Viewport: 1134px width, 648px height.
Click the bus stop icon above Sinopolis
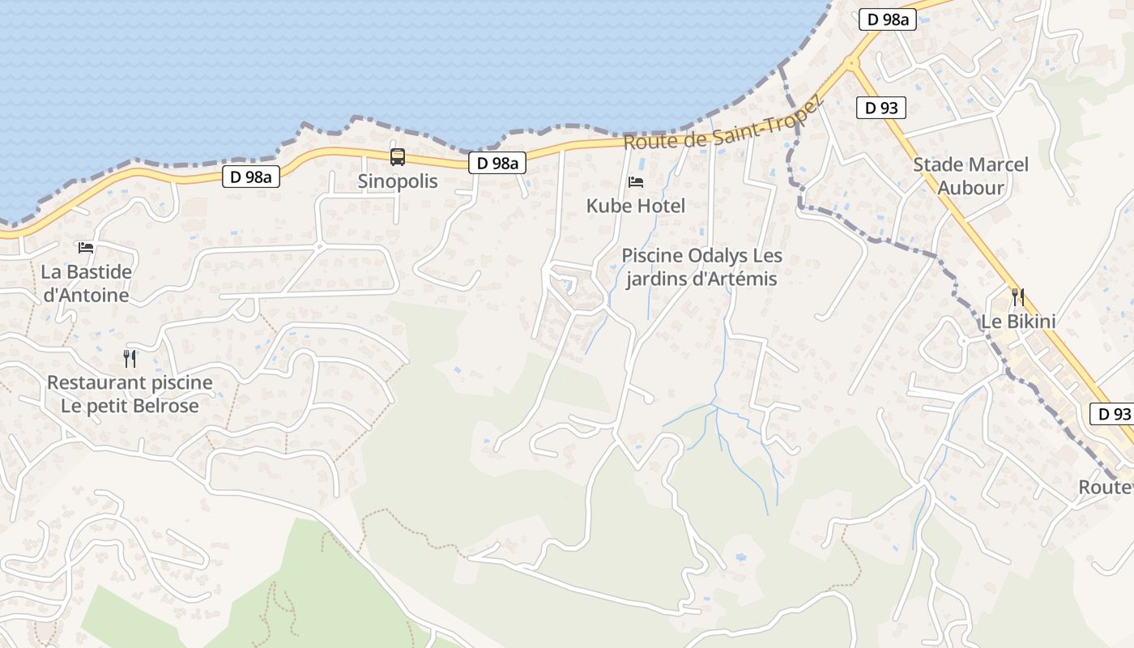click(397, 157)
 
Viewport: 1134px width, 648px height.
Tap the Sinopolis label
click(397, 181)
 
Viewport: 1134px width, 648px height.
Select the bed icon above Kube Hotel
click(636, 181)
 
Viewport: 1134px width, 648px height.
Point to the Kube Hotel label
click(636, 206)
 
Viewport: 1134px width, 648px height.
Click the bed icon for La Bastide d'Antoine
click(86, 247)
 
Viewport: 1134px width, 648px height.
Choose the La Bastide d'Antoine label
click(86, 283)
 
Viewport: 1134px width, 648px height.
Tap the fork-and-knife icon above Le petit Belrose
click(130, 358)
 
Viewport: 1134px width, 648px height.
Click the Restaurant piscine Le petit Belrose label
click(130, 394)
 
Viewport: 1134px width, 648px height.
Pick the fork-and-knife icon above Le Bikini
click(1018, 297)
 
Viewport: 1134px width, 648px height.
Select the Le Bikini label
click(1018, 322)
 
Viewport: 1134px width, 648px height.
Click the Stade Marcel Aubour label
click(970, 177)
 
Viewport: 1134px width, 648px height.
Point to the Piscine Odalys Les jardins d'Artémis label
click(701, 267)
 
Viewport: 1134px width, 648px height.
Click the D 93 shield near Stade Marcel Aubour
click(880, 107)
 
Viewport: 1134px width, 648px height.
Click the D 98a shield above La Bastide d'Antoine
click(251, 177)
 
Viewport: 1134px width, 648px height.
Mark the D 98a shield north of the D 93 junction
click(887, 19)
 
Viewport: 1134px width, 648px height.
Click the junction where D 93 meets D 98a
click(850, 63)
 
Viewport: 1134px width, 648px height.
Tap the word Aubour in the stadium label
click(970, 188)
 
